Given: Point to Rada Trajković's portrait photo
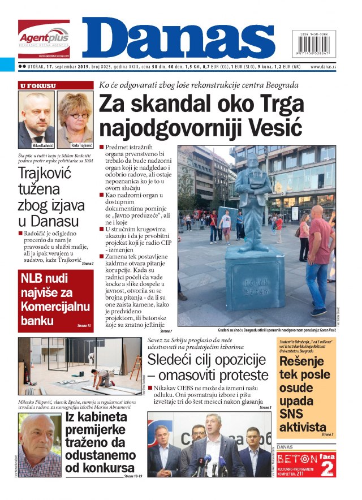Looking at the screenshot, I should click(75, 118).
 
